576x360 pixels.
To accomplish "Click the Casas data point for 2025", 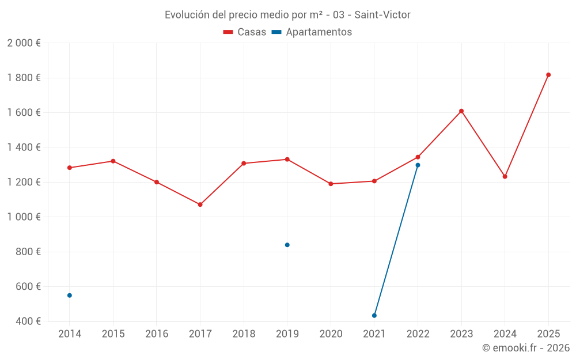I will pyautogui.click(x=548, y=75).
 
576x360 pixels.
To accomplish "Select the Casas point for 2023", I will pyautogui.click(x=461, y=111).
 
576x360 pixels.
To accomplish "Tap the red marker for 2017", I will pyautogui.click(x=200, y=204).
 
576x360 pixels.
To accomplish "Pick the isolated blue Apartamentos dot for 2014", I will pyautogui.click(x=70, y=295).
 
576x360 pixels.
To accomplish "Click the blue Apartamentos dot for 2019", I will pyautogui.click(x=287, y=245).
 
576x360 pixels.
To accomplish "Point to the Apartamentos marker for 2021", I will pyautogui.click(x=374, y=316).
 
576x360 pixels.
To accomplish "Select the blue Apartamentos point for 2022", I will pyautogui.click(x=418, y=165).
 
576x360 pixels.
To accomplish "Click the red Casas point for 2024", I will pyautogui.click(x=505, y=177).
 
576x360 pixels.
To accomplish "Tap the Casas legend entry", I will pyautogui.click(x=245, y=32).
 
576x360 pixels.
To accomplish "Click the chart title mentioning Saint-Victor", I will pyautogui.click(x=287, y=15).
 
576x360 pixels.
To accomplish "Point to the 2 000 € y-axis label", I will pyautogui.click(x=24, y=43).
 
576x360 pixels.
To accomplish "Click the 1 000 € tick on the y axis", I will pyautogui.click(x=24, y=217).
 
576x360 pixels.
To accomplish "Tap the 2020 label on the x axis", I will pyautogui.click(x=331, y=334).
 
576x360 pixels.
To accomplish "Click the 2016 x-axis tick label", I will pyautogui.click(x=157, y=334).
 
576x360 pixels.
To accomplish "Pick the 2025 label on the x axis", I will pyautogui.click(x=548, y=334).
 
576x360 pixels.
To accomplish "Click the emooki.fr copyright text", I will pyautogui.click(x=525, y=348).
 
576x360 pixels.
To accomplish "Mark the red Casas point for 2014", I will pyautogui.click(x=70, y=168).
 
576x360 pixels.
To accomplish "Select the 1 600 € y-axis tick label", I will pyautogui.click(x=24, y=113).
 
